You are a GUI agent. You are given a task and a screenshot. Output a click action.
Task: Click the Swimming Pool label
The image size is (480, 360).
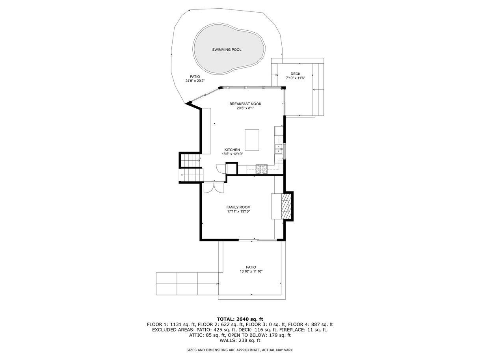227,50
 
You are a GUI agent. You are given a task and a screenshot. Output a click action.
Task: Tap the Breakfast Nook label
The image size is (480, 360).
246,104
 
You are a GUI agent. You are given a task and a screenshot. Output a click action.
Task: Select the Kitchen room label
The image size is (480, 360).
232,150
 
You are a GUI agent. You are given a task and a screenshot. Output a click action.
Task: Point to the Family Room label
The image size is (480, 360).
238,207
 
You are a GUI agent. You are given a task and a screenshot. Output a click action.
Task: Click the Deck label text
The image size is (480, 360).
296,74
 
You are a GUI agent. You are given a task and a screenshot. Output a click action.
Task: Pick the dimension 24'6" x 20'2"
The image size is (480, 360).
195,81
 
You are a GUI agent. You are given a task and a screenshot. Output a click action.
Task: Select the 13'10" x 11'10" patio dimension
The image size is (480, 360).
251,271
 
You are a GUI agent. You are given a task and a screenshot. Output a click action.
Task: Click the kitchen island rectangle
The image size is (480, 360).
252,140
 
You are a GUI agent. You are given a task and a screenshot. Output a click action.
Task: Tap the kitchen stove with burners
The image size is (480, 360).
262,169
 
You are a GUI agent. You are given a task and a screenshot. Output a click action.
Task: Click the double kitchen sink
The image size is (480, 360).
279,148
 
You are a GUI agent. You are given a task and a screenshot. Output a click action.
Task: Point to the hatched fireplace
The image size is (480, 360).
286,206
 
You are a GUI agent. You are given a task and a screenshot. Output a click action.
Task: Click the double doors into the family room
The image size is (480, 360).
214,187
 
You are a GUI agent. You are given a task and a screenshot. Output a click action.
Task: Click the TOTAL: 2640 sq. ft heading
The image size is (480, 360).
240,319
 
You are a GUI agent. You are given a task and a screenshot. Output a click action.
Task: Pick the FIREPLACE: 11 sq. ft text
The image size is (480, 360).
308,330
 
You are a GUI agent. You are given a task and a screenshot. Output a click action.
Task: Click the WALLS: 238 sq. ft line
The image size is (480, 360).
240,340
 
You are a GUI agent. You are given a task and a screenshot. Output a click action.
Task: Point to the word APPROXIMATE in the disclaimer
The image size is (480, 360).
247,350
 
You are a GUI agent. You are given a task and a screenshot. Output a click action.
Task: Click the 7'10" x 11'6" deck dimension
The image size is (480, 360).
296,78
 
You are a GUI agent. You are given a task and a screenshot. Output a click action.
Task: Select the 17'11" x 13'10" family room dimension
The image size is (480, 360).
238,212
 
